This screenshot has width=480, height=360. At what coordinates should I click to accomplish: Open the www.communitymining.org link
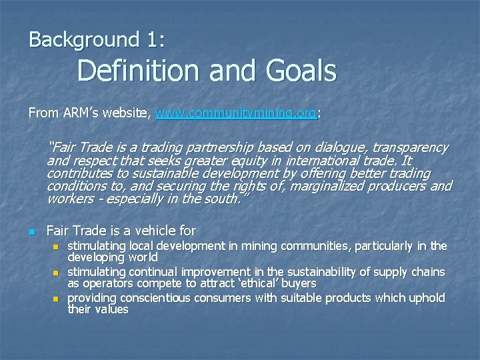235,113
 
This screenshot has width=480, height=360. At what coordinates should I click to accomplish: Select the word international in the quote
327,161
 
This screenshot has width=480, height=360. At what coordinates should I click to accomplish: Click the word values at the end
111,309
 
